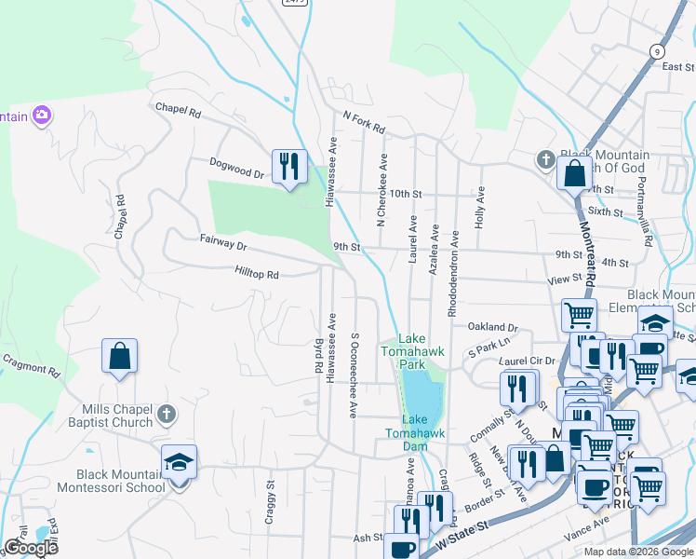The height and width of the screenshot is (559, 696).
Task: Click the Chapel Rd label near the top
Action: (179, 110)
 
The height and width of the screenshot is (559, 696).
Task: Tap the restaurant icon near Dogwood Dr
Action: (289, 167)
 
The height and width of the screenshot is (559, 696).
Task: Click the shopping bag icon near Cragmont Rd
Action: (119, 356)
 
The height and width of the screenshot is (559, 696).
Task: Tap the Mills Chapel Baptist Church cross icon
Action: (166, 412)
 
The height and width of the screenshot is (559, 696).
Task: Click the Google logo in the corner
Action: (31, 548)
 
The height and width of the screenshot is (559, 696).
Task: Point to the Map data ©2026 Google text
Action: (638, 551)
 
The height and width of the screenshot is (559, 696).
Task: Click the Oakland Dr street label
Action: (492, 327)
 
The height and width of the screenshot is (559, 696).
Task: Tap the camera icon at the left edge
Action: (41, 116)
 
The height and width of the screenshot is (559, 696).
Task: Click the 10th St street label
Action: (406, 194)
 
